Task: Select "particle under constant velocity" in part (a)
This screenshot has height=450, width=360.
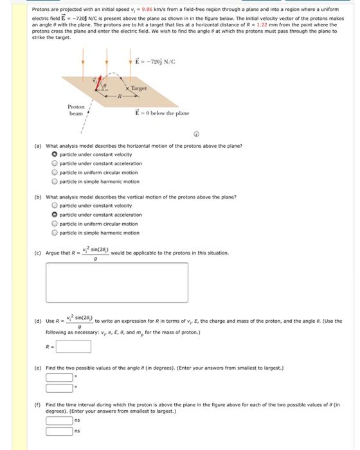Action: click(x=55, y=154)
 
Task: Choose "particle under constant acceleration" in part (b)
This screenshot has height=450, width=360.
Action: click(x=55, y=215)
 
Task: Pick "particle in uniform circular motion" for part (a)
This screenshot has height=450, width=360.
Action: click(x=55, y=172)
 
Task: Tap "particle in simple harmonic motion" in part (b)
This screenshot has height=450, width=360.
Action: click(x=55, y=233)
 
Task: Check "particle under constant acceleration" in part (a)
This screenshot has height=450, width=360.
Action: click(x=55, y=163)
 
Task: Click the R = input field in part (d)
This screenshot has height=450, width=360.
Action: click(x=73, y=346)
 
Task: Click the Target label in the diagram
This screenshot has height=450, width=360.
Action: click(x=139, y=88)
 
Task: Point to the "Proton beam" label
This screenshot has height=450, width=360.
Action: click(x=76, y=110)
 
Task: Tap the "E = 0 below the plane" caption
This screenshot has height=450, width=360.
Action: click(x=162, y=113)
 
